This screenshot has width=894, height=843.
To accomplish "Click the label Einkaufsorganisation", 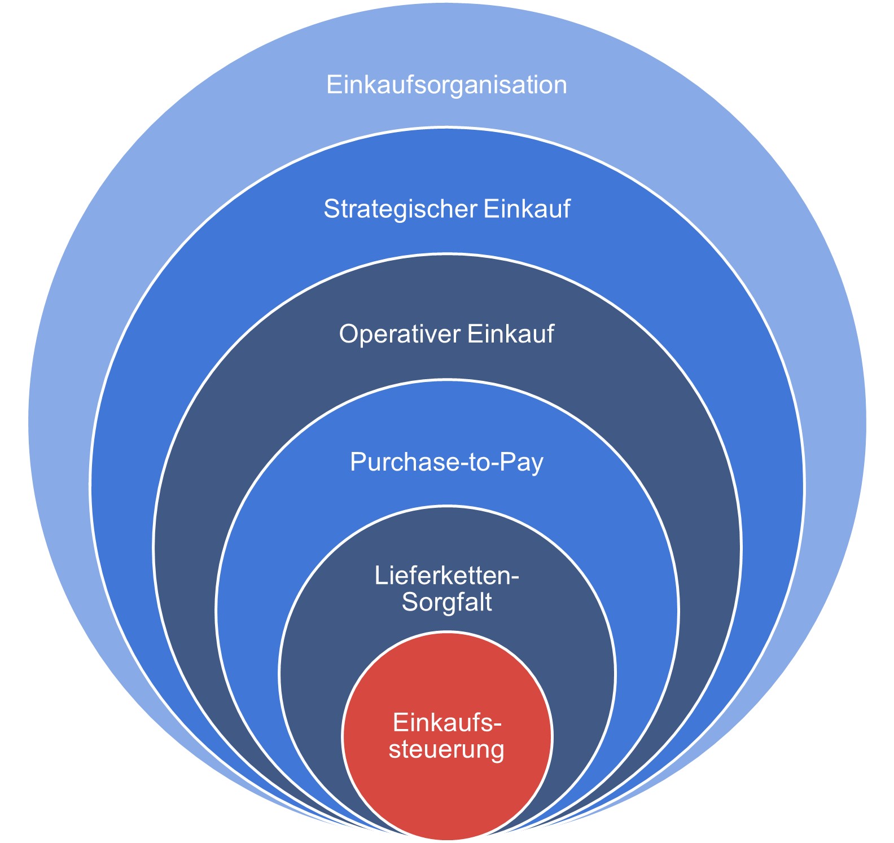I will [x=446, y=85].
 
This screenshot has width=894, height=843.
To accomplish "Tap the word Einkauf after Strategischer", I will [x=527, y=209].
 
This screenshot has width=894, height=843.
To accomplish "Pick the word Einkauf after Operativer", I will [x=511, y=334].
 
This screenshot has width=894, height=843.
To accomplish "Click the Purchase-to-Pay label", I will [x=446, y=462].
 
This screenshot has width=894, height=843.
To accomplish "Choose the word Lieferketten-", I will [x=446, y=576].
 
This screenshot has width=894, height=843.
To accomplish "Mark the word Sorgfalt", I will [x=446, y=603].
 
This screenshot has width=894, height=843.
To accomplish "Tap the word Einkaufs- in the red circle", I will [x=446, y=723].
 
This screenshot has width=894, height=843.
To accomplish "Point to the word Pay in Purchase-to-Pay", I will [x=525, y=462].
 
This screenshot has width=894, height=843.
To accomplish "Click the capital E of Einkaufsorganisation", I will [x=334, y=85].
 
